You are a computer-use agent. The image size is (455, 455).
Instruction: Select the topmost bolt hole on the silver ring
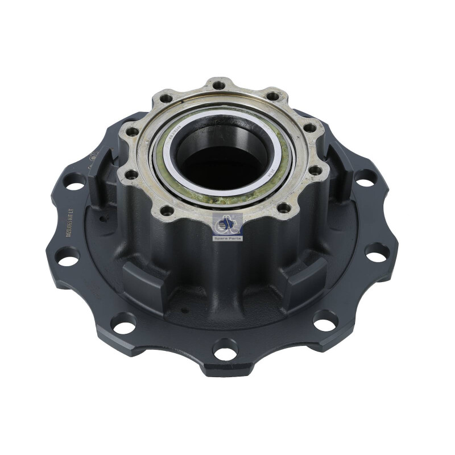[218, 85]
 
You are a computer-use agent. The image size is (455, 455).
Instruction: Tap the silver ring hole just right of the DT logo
[283, 208]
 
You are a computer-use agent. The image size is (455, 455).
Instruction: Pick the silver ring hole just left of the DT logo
[167, 210]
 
